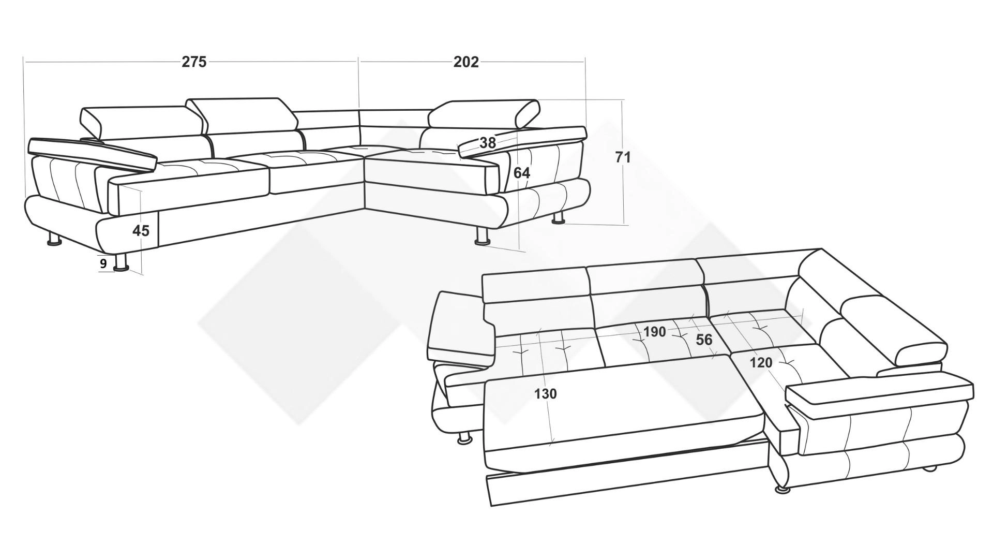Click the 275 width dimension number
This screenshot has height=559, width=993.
(194, 62)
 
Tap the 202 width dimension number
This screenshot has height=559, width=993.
(466, 62)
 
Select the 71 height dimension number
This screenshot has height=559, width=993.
(623, 157)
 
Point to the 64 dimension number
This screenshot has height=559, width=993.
(522, 173)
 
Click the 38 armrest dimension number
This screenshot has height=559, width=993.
(488, 143)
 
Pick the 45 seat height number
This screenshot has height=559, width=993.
(141, 230)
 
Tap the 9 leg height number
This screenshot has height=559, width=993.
(103, 263)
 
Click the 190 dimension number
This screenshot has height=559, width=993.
(654, 331)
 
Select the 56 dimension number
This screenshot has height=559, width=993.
(704, 340)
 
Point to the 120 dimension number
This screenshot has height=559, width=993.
(761, 362)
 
